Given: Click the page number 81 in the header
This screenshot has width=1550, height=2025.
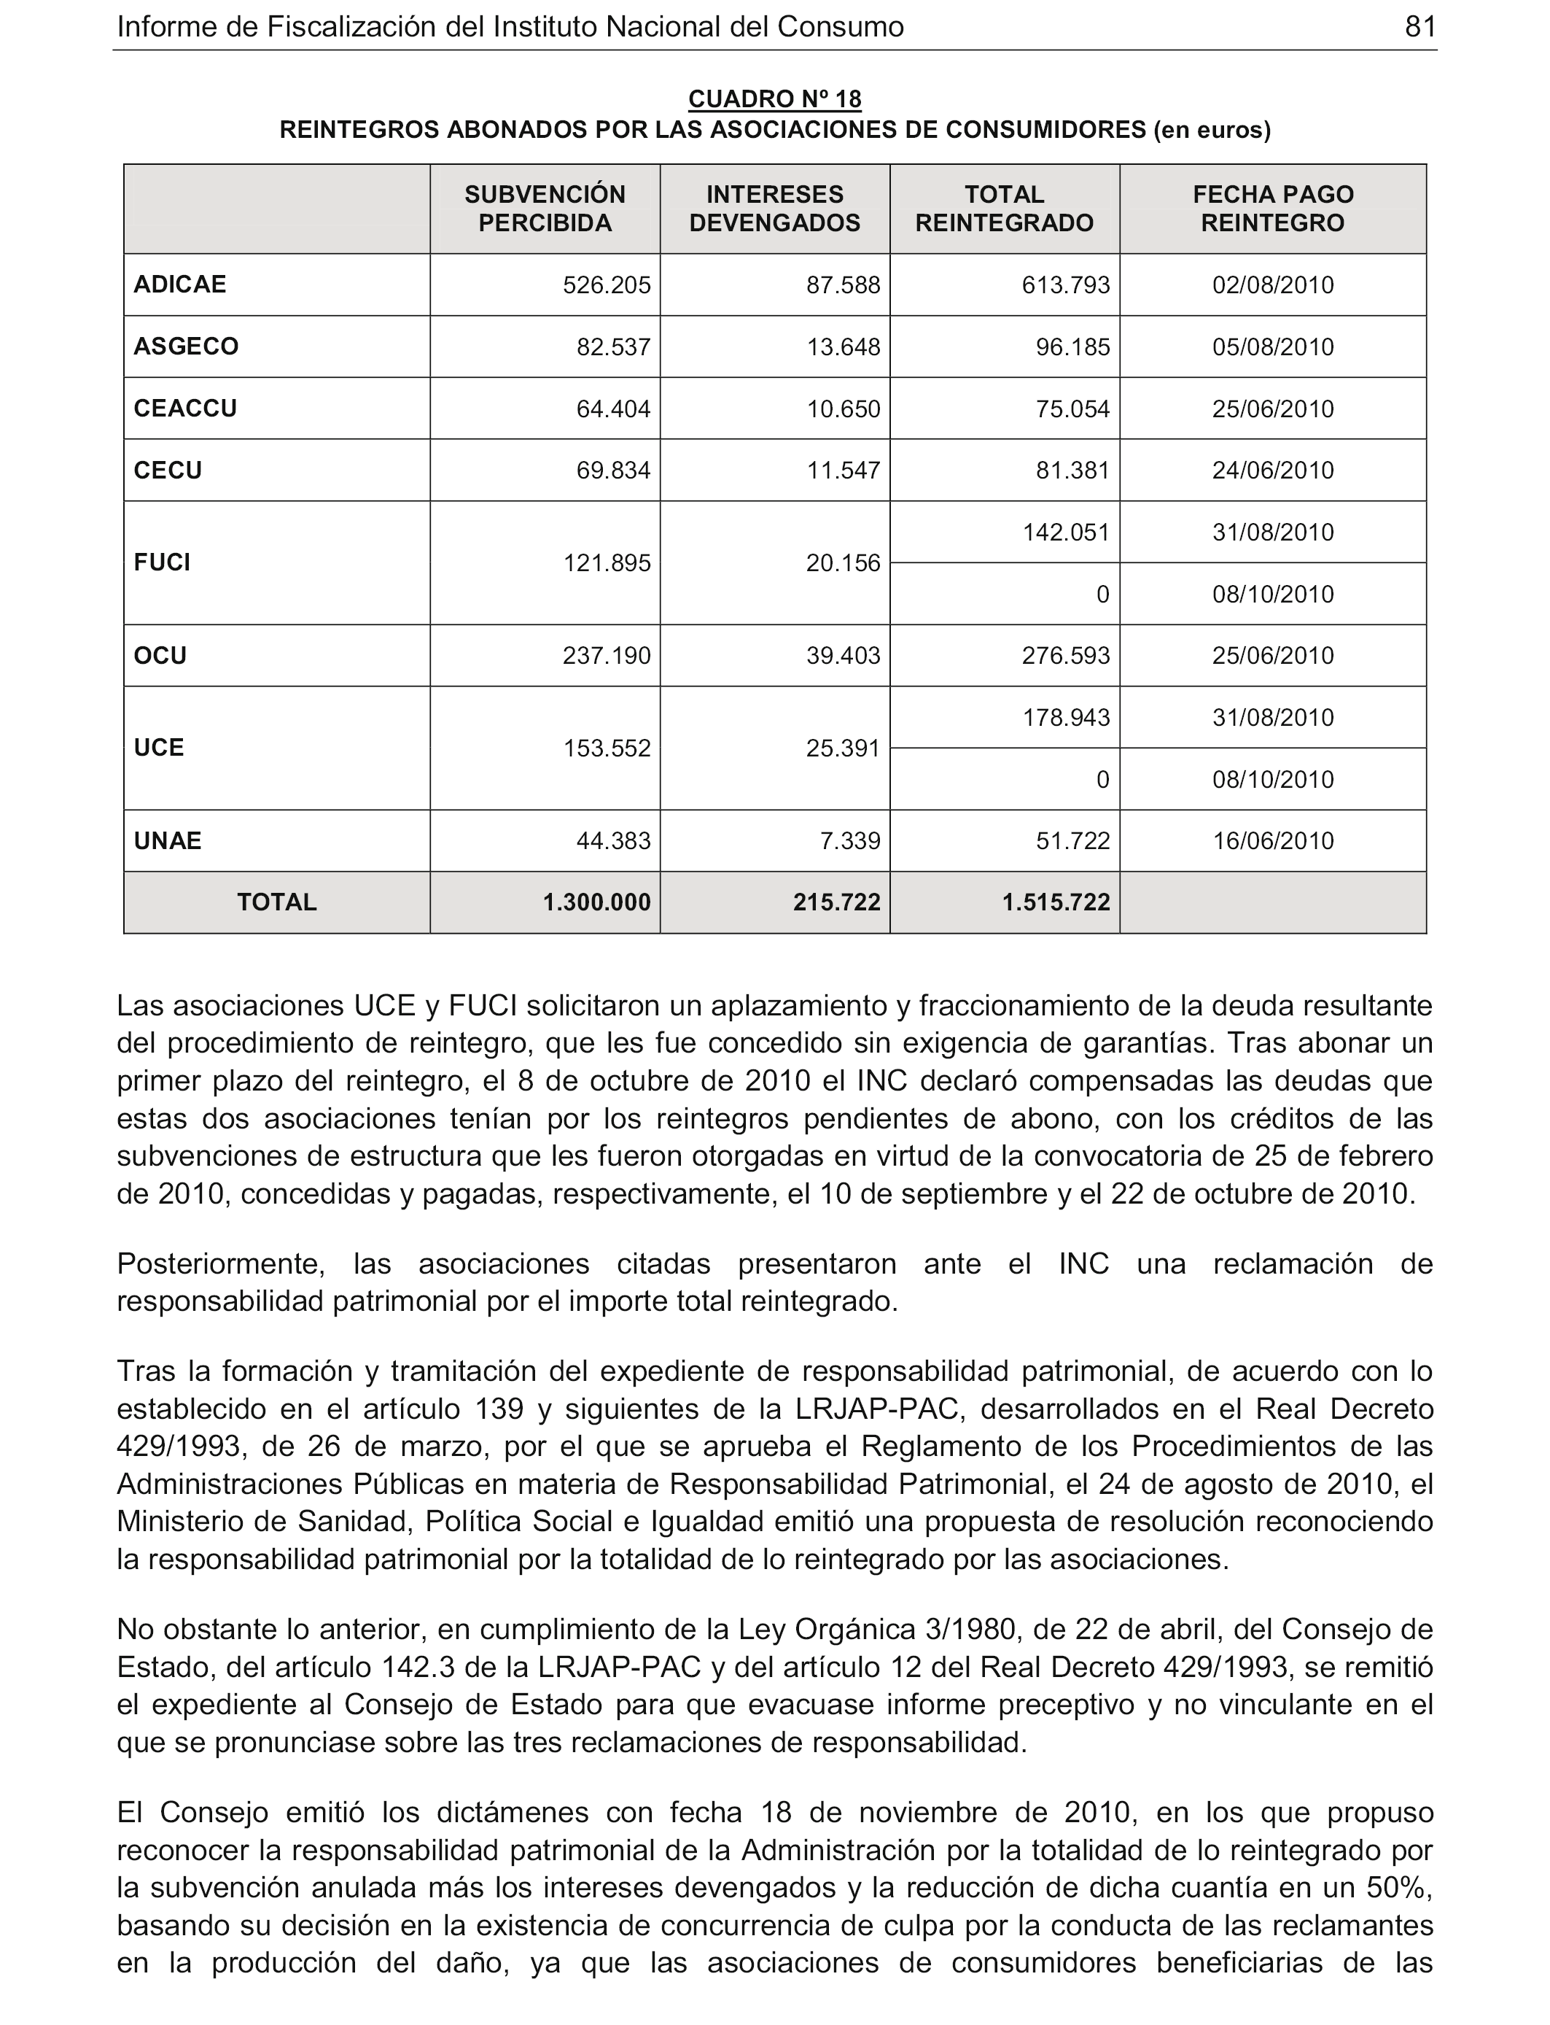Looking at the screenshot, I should (1420, 27).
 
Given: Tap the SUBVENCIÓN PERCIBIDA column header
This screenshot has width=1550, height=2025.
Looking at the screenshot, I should (545, 209).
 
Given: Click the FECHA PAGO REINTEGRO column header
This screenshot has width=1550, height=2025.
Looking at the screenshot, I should (1272, 209).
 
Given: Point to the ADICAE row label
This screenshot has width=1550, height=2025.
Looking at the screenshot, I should (180, 284).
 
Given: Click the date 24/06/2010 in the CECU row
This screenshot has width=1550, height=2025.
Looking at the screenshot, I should (1272, 471).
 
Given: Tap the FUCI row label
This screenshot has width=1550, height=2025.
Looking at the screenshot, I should (163, 563).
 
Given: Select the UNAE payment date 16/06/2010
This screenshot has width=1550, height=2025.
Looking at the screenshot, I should (1272, 841).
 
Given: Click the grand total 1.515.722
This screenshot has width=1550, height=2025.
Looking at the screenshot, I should (1056, 902).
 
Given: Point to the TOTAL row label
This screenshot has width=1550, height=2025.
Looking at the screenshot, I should (277, 902).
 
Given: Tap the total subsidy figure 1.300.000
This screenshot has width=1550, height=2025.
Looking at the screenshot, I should (597, 902).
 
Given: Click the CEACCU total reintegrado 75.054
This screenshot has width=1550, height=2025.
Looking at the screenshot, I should (1072, 409).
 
